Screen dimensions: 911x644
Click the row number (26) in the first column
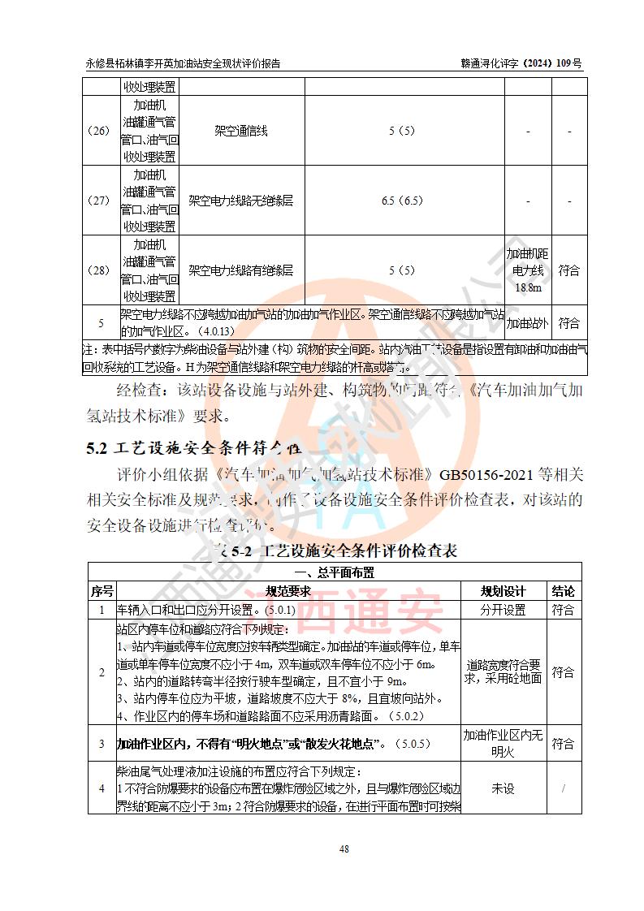(x=100, y=131)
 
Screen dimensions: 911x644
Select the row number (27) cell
(x=100, y=201)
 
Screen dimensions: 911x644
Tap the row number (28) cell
(x=100, y=270)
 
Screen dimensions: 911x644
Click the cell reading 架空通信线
(x=241, y=131)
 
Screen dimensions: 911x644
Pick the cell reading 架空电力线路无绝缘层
(x=241, y=201)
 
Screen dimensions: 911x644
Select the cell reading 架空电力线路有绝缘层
(x=241, y=270)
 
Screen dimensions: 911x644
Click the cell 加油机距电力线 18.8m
(x=528, y=270)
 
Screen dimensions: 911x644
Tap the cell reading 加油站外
(x=528, y=323)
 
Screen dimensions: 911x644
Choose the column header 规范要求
(x=288, y=591)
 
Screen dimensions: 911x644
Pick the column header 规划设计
(x=504, y=591)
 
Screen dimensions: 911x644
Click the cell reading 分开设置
(x=504, y=610)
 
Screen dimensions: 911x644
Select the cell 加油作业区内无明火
(x=504, y=744)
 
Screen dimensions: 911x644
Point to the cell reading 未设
(x=504, y=788)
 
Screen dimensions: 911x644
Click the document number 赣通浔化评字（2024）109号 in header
(x=521, y=63)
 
